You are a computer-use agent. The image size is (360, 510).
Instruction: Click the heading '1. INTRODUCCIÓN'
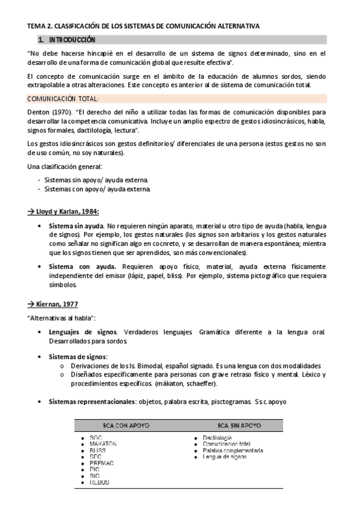(66, 40)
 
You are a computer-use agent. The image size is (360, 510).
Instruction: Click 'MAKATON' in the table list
(103, 444)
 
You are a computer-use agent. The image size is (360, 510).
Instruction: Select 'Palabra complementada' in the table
(233, 450)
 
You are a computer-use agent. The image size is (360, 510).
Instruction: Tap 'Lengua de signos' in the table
(225, 457)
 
